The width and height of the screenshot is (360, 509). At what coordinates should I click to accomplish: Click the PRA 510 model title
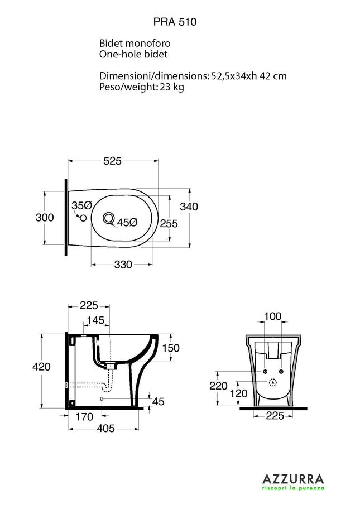click(175, 22)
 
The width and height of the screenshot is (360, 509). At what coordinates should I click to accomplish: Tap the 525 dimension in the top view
click(112, 161)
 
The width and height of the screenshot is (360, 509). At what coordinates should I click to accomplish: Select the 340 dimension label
click(189, 207)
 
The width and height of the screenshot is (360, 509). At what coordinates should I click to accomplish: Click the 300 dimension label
click(45, 218)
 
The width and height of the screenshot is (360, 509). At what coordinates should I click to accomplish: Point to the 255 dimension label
click(169, 224)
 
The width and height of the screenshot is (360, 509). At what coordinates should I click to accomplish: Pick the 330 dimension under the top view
click(123, 265)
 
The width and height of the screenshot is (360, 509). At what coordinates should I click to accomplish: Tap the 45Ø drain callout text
click(127, 223)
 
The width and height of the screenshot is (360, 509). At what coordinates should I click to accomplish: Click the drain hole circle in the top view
click(109, 218)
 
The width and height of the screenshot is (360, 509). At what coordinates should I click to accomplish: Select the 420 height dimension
click(41, 367)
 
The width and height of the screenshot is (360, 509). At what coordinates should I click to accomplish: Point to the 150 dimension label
click(170, 348)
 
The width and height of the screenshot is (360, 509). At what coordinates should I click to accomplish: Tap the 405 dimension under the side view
click(105, 428)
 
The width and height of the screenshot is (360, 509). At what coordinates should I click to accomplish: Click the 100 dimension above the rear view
click(272, 316)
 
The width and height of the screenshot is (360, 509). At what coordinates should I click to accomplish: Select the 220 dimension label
click(219, 386)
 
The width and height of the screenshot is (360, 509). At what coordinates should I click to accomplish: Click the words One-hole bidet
click(133, 54)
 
